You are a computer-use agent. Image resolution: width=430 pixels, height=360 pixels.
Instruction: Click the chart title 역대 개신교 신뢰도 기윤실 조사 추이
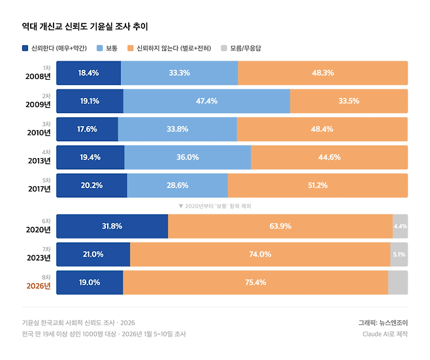click(x=85, y=27)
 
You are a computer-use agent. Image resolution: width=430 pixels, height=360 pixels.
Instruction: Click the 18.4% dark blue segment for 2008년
click(x=88, y=73)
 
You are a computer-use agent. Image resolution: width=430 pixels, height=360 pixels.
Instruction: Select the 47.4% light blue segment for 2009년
click(x=207, y=101)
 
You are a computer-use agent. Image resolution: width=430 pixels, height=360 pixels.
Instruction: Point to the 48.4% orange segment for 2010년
click(x=322, y=129)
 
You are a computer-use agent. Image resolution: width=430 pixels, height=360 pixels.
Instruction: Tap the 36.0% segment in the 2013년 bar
click(x=188, y=157)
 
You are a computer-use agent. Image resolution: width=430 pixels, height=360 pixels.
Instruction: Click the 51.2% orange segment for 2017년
click(x=318, y=186)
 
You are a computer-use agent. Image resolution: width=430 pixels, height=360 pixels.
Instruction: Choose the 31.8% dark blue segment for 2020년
click(x=112, y=226)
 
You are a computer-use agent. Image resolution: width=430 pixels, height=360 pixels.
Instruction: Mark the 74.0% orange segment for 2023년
click(x=260, y=254)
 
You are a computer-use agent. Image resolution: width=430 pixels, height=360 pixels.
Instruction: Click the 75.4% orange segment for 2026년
click(x=255, y=282)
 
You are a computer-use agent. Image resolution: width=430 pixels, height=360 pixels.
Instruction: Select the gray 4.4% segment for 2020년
click(x=400, y=226)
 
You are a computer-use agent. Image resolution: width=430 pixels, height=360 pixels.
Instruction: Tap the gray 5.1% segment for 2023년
click(x=399, y=254)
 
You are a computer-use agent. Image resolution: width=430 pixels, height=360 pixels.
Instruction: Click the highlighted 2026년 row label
click(x=38, y=286)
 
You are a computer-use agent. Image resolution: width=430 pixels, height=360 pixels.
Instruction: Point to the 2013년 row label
click(x=38, y=161)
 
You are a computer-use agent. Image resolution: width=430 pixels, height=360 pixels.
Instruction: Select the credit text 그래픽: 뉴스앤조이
click(x=382, y=322)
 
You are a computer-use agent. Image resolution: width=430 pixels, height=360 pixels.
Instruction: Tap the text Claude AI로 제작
click(x=385, y=334)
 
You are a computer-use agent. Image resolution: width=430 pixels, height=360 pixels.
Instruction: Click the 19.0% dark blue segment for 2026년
click(x=90, y=282)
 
